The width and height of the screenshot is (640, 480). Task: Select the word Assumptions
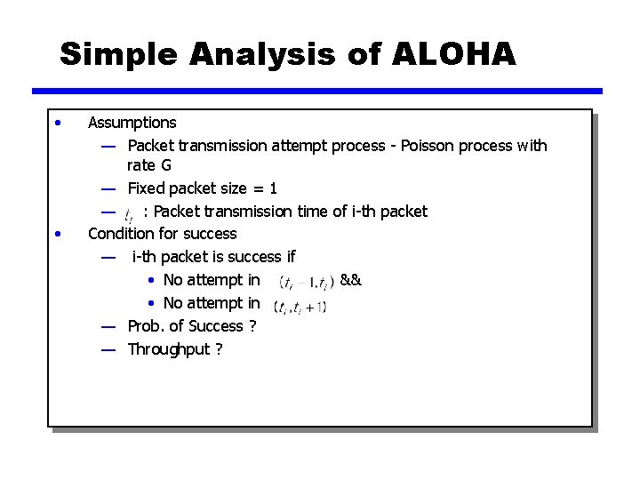click(132, 123)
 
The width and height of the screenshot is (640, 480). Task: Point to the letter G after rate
click(165, 166)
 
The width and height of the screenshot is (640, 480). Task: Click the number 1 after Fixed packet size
click(273, 188)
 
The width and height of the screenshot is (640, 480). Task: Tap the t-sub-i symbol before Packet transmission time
click(130, 214)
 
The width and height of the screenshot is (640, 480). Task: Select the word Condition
click(122, 234)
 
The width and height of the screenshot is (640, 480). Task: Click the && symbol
click(350, 280)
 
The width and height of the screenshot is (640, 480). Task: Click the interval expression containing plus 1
click(301, 308)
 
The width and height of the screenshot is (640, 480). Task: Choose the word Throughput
click(169, 348)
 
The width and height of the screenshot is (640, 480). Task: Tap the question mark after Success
click(252, 326)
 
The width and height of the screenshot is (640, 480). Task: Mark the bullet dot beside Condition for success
click(58, 234)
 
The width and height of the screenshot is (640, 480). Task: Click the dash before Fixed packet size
click(108, 188)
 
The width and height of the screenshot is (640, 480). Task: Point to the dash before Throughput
click(108, 349)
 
